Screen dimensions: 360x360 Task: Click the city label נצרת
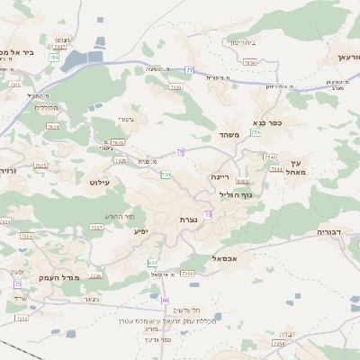[188, 220]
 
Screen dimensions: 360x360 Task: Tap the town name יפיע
[141, 231]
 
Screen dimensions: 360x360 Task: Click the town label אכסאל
[224, 258]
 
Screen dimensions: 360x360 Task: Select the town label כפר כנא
[268, 123]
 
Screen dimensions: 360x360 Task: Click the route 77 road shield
[190, 69]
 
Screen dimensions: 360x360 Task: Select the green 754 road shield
[256, 132]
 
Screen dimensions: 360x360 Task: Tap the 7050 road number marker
[250, 62]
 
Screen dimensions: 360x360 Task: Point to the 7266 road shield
[187, 272]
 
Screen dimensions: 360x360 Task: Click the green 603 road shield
[152, 262]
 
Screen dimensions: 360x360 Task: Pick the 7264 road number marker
[279, 343]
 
